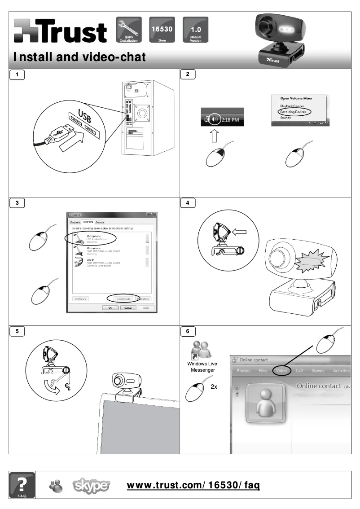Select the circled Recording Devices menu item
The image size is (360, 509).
292,112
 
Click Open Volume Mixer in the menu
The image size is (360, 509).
296,98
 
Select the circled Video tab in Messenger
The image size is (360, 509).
281,371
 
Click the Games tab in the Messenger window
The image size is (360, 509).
318,371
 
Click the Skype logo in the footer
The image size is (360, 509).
91,485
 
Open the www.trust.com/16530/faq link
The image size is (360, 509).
193,485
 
